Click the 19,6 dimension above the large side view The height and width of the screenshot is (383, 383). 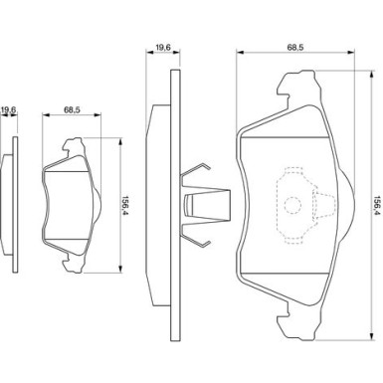[163, 48]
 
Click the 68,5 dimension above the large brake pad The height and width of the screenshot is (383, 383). [295, 48]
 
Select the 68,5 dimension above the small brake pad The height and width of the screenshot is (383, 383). [72, 110]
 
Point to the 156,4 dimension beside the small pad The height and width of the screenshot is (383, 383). [126, 206]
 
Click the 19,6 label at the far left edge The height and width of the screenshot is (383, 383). [9, 110]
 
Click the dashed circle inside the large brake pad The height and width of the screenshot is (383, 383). [292, 205]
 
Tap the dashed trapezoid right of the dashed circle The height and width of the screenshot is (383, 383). [323, 205]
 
